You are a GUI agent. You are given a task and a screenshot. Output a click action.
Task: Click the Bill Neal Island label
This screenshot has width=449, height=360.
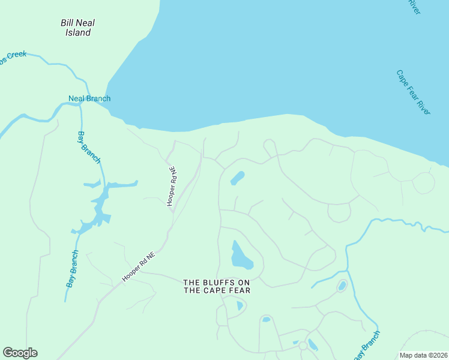pos(78,28)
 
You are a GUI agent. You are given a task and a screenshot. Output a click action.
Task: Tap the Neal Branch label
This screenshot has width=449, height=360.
pos(89,98)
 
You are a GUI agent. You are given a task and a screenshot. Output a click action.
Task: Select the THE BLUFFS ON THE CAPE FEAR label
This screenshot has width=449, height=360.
pos(217,286)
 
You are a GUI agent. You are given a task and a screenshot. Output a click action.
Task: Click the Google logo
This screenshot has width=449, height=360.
pos(20,353)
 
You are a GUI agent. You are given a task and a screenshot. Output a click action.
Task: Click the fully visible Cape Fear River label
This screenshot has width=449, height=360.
pos(414,92)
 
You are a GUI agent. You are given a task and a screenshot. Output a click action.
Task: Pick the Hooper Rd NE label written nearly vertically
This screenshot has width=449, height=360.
pos(172,186)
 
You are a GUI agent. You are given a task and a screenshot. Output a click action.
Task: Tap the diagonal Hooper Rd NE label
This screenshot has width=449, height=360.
pos(139,266)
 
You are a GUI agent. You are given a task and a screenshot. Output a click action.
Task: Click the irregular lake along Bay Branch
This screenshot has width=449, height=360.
pos(101,207)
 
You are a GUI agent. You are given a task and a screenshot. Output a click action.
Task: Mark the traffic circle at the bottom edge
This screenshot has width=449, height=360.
pos(303,346)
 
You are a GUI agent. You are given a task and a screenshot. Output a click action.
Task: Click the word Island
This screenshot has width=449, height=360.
pos(78,32)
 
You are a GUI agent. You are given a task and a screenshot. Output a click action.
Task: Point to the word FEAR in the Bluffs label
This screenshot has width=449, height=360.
pos(238,290)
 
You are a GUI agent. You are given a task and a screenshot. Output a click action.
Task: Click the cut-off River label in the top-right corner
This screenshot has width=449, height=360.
pos(414,7)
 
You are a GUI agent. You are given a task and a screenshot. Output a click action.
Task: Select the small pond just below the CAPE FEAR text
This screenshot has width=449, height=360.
pos(240,306)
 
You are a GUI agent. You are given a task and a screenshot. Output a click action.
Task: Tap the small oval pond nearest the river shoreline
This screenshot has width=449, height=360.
pos(238,178)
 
